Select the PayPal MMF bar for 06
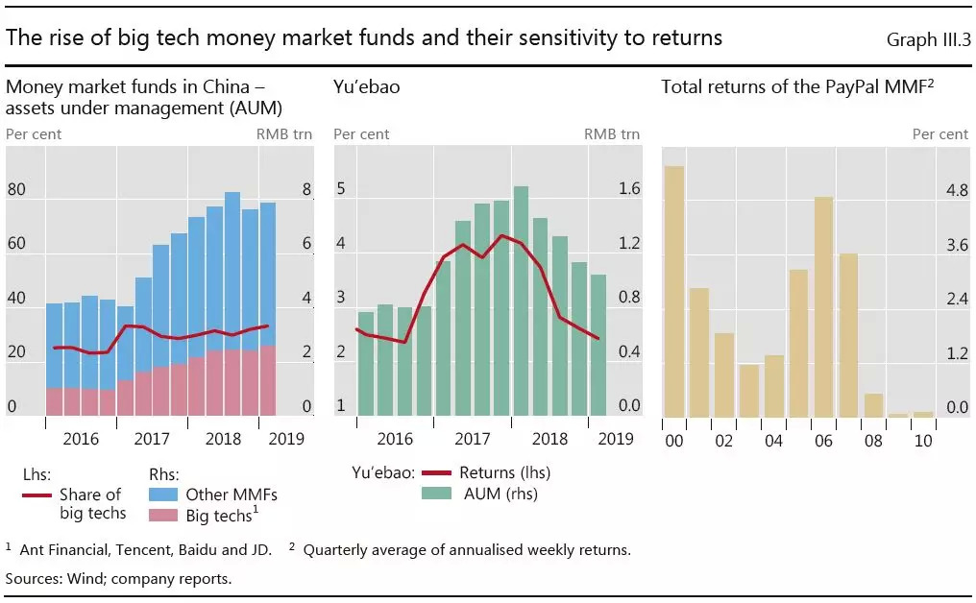(x=823, y=306)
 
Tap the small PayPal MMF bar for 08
(x=873, y=405)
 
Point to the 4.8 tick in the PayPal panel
(x=957, y=190)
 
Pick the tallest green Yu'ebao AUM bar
(x=521, y=301)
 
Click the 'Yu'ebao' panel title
(x=367, y=87)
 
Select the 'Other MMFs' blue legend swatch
(x=165, y=494)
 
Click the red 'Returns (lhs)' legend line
(x=439, y=472)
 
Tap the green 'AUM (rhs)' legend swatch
(x=439, y=494)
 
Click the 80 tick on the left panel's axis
(x=16, y=190)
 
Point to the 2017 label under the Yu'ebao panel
(x=473, y=439)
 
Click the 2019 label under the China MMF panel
(x=285, y=439)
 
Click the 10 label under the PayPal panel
(x=923, y=441)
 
